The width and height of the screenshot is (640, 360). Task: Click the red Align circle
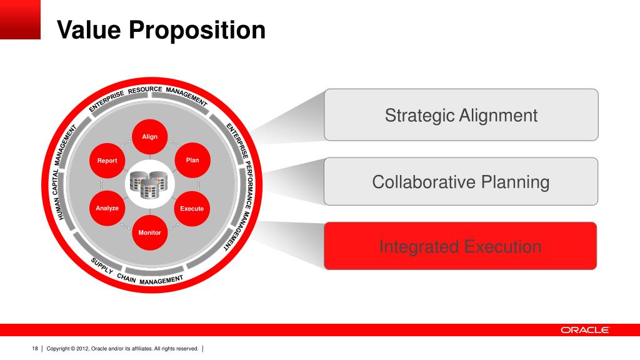tap(150, 137)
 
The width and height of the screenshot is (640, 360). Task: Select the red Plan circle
tap(192, 161)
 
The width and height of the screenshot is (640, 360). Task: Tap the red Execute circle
tap(192, 208)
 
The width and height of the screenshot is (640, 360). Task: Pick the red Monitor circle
tap(150, 232)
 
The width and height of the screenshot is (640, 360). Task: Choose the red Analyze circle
tap(107, 208)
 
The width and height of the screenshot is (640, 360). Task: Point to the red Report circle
tap(107, 161)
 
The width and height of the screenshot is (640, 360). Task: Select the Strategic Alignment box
tap(461, 115)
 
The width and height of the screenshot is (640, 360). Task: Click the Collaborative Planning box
tap(461, 182)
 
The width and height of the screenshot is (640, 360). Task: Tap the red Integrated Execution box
tap(460, 246)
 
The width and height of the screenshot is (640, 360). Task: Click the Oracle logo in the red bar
tap(584, 330)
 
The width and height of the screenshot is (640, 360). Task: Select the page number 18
tap(35, 348)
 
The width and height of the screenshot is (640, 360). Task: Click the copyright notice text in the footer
tap(122, 348)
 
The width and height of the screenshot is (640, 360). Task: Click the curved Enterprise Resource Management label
tap(149, 95)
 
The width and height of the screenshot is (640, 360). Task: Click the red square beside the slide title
tap(20, 19)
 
